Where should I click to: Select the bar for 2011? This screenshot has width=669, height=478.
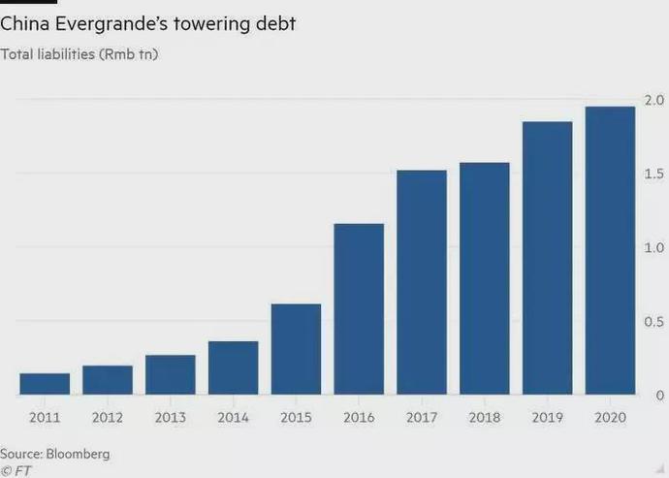click(x=45, y=384)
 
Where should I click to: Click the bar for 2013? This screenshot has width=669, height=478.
click(x=171, y=375)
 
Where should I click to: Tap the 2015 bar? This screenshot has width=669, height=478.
click(x=296, y=349)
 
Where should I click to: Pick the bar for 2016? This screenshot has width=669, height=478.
click(x=359, y=309)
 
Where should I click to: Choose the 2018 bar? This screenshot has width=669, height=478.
click(x=485, y=278)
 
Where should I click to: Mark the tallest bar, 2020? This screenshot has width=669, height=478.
click(x=610, y=250)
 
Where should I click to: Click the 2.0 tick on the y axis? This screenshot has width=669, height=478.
click(x=653, y=100)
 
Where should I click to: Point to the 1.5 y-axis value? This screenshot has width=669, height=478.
click(x=653, y=174)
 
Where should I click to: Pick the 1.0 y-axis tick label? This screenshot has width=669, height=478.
click(x=653, y=247)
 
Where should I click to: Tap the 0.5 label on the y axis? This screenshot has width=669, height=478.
click(x=653, y=322)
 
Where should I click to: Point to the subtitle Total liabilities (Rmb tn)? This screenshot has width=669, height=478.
click(x=80, y=53)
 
